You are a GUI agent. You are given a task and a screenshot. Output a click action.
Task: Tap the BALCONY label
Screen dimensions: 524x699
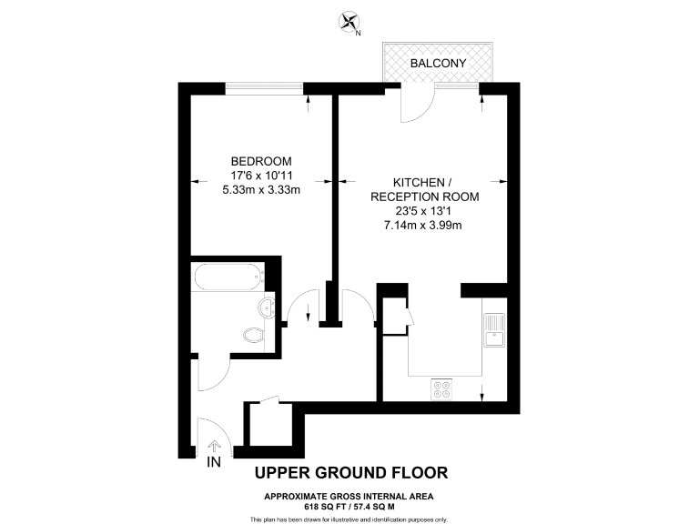439,64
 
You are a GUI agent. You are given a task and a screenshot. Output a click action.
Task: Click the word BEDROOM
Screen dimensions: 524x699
261,161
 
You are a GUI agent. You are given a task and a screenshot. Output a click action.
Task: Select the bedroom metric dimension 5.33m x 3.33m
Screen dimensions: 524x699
261,190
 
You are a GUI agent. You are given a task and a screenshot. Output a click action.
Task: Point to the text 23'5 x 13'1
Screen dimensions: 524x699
424,211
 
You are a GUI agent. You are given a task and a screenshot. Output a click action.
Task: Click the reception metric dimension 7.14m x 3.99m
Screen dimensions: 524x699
424,226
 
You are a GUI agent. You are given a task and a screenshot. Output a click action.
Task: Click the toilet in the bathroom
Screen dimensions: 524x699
256,336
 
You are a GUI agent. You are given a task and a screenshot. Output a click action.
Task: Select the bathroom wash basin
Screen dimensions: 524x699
267,307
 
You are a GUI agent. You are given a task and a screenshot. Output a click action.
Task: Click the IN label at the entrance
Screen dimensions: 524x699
214,462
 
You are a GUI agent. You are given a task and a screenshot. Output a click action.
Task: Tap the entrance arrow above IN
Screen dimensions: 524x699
214,446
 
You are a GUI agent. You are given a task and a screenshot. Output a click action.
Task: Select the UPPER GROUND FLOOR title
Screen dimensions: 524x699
350,472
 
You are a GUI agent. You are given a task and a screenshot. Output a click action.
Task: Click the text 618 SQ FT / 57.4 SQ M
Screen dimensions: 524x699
350,505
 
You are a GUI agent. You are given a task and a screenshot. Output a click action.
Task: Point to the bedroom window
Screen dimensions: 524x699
265,87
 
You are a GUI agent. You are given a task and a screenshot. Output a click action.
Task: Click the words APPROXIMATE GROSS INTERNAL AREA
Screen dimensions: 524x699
350,496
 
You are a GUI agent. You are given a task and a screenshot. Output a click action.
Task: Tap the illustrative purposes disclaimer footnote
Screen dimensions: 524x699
350,519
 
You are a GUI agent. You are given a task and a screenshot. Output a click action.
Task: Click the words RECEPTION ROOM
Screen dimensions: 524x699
424,196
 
